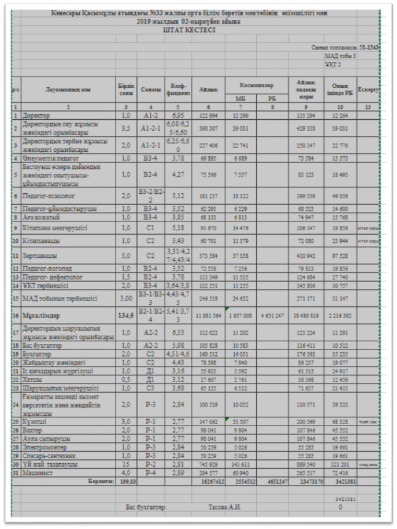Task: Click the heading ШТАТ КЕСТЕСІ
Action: (x=188, y=29)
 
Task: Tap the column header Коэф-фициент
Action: (x=176, y=90)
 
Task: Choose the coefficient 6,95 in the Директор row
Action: (x=177, y=116)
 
